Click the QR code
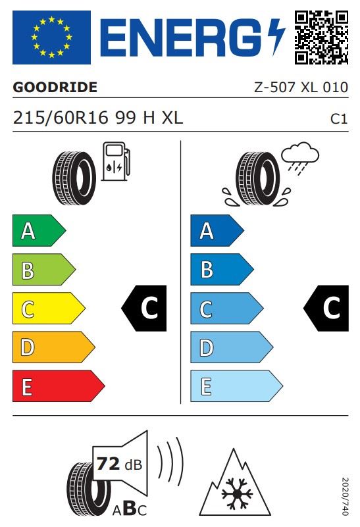coord(321,38)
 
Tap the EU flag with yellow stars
coord(51,38)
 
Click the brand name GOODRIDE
coord(55,88)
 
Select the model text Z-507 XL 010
coord(301,88)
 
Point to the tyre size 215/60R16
coord(61,118)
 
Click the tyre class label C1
coord(339,119)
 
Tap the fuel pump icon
coord(116,161)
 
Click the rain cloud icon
coord(300,158)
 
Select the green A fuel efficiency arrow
coord(39,230)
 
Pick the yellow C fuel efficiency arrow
coord(49,308)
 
